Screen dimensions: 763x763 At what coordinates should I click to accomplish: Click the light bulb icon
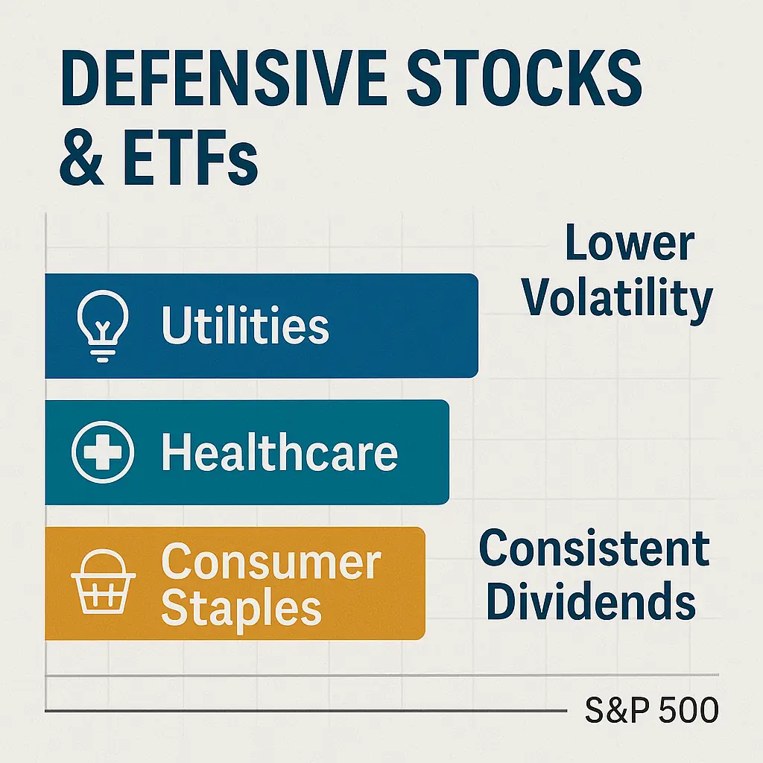point(103,326)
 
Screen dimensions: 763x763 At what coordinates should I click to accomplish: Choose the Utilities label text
point(245,326)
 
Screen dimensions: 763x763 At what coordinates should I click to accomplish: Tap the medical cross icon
point(103,452)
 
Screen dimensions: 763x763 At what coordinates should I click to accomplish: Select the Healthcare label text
point(279,452)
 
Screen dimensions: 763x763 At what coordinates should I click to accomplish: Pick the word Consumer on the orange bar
point(271,560)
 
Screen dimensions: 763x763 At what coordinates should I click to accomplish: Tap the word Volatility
point(617,298)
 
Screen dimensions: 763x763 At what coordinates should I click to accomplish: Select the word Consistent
point(594,549)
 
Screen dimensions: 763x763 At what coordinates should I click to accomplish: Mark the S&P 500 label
point(651,710)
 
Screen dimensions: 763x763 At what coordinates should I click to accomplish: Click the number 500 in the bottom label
point(688,710)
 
